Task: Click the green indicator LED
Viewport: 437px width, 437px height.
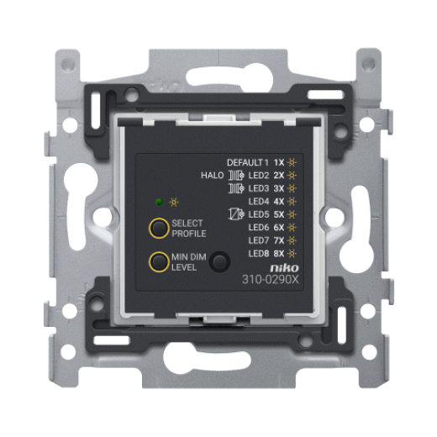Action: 159,202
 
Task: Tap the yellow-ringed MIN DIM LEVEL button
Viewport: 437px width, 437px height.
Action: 159,262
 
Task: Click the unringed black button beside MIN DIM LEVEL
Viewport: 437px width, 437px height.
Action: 220,262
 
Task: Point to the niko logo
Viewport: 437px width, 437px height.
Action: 284,268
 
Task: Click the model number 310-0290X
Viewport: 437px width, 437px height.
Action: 271,279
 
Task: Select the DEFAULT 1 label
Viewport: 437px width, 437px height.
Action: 248,162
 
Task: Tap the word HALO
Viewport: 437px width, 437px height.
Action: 213,176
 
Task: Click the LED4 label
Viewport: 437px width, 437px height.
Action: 259,202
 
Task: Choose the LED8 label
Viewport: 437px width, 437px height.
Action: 259,254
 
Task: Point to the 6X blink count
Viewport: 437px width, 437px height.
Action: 279,228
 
